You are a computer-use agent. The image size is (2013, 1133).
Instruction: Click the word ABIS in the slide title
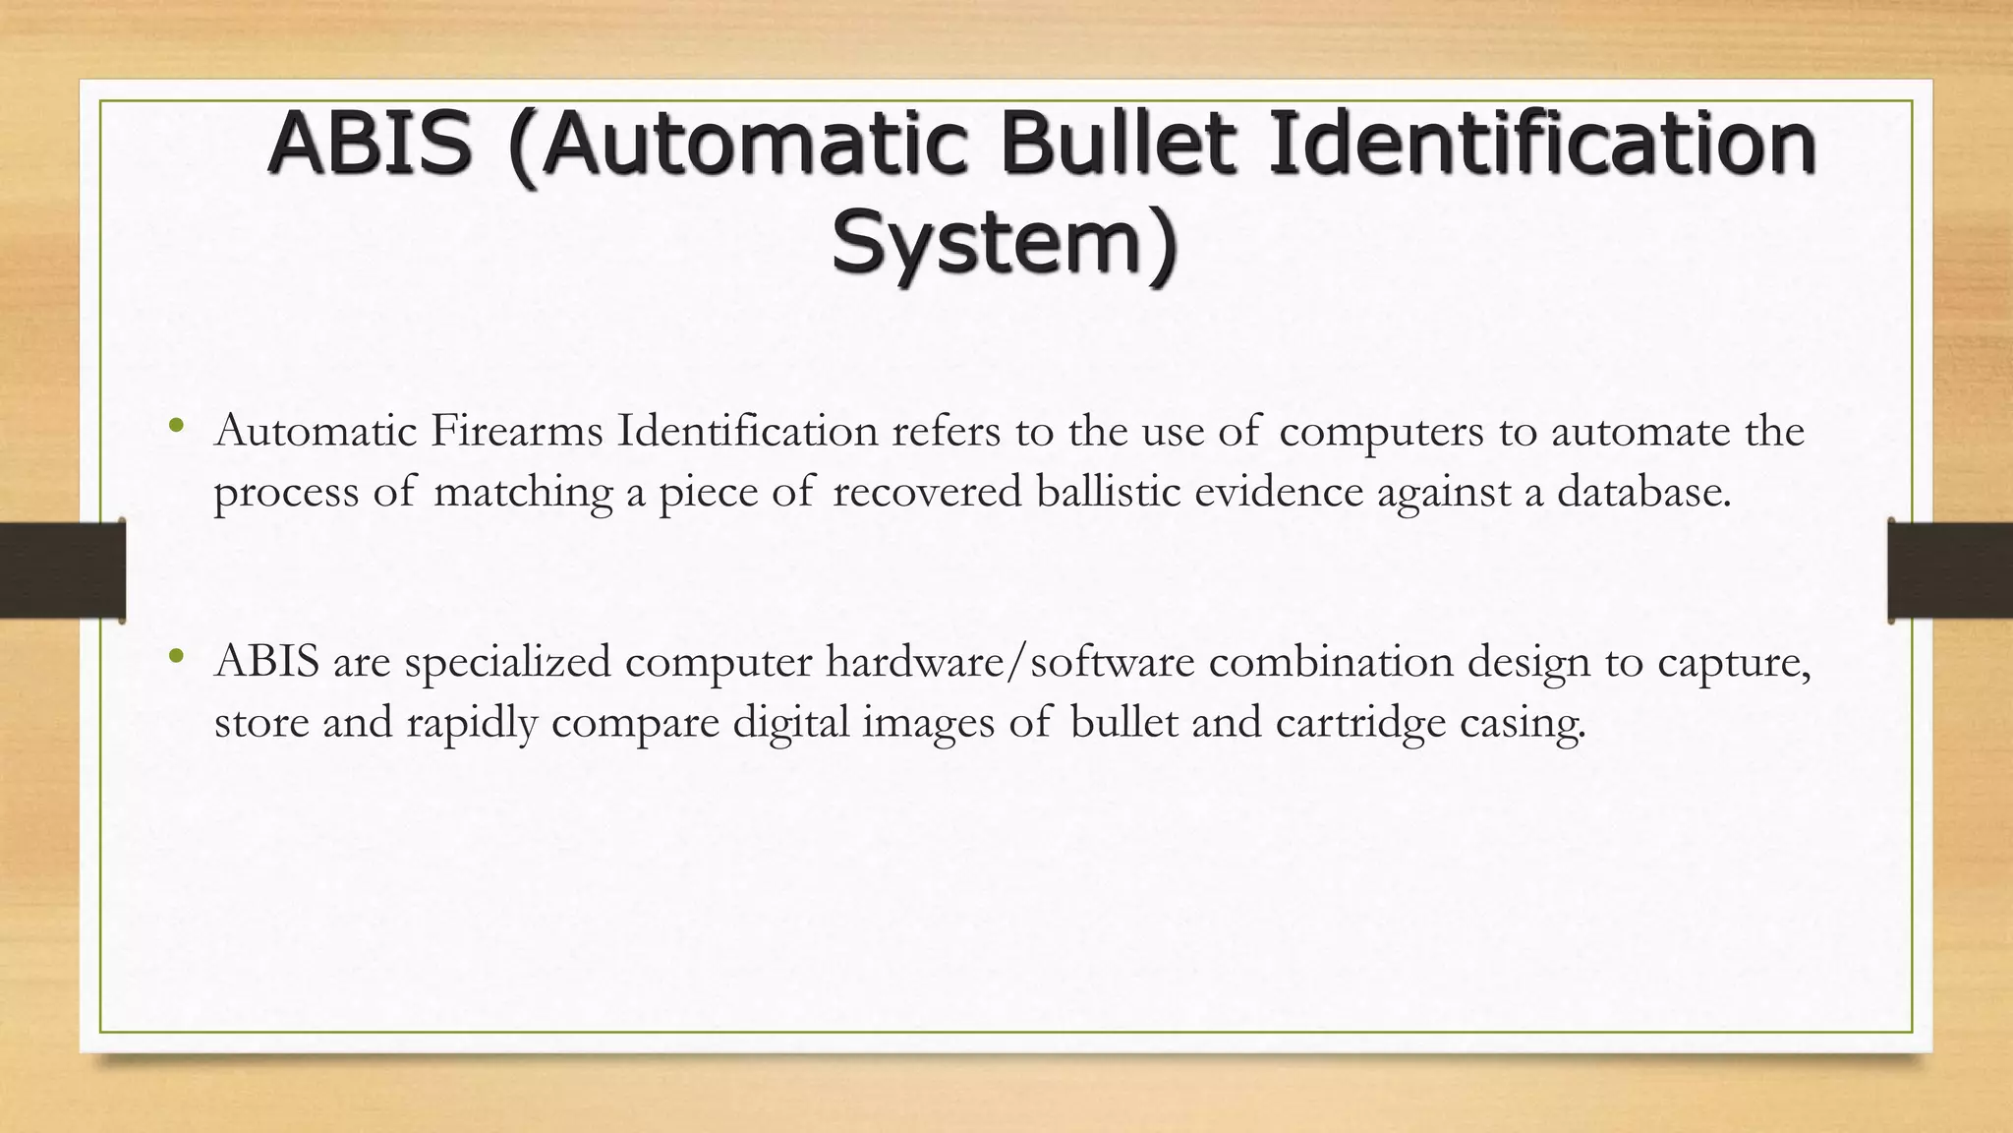point(371,144)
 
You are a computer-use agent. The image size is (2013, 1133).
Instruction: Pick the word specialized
point(508,661)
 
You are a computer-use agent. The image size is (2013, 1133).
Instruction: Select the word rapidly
point(472,723)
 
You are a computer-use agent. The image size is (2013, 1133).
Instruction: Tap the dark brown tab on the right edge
point(1950,570)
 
